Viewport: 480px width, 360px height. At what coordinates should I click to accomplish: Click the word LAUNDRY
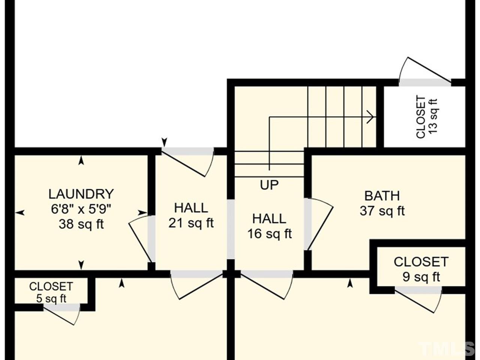tap(81, 194)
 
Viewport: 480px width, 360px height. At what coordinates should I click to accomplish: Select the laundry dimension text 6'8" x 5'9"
tap(81, 209)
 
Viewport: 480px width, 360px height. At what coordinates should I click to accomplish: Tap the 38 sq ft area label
tap(81, 224)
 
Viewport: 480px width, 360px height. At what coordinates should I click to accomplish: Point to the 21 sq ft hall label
tap(191, 223)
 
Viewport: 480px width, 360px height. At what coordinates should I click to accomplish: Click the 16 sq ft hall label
tap(269, 234)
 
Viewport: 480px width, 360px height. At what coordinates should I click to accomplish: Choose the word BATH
tap(382, 196)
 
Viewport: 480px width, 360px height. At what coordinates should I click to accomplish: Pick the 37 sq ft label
tap(382, 211)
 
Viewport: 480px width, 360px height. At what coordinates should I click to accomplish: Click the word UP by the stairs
tap(269, 185)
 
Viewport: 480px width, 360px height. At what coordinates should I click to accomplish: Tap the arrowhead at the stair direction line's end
tap(371, 117)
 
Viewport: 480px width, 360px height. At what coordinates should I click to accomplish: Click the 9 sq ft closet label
tap(421, 277)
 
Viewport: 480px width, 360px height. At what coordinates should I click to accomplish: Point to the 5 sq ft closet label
tap(51, 298)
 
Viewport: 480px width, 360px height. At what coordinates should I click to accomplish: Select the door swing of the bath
tap(320, 224)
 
